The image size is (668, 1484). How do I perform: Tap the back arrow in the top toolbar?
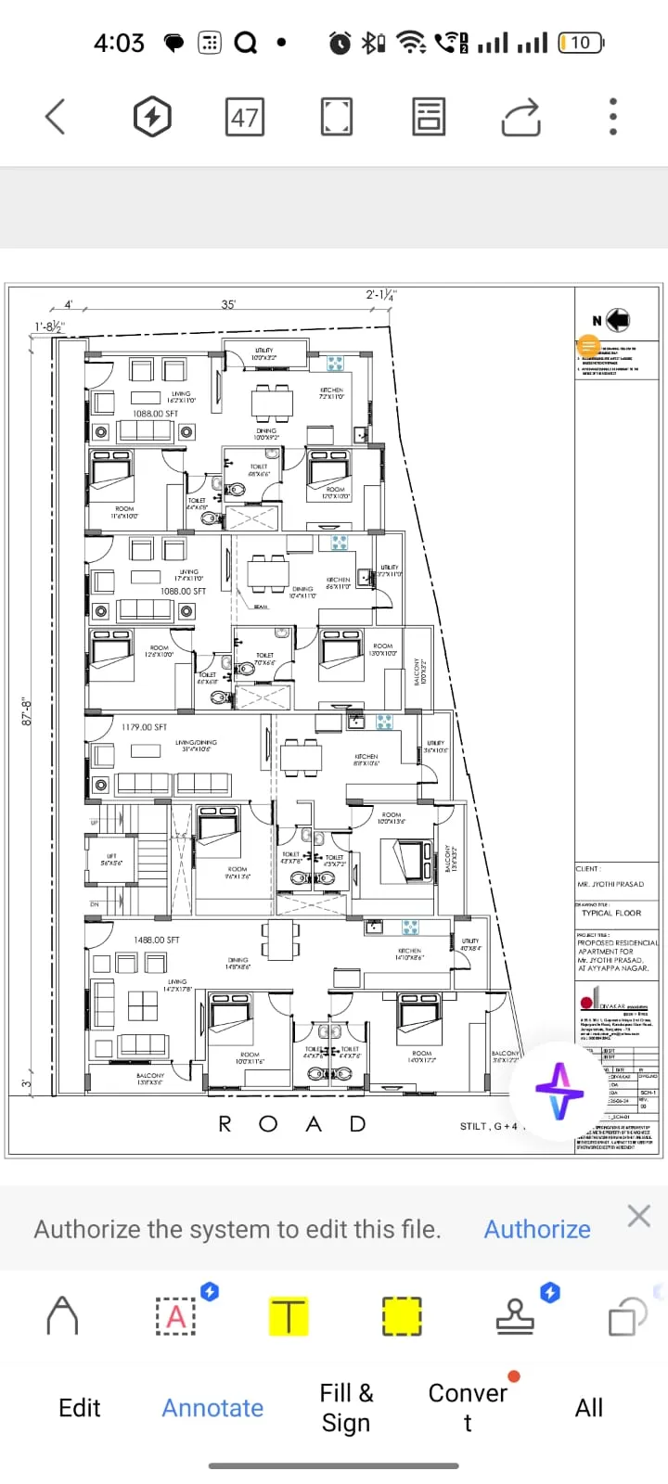pos(56,117)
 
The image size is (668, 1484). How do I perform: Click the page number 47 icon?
pos(245,118)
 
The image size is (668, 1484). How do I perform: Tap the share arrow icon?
pos(520,118)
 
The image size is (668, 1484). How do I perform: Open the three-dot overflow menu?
pos(612,118)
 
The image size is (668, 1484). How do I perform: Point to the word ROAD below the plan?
pos(292,1124)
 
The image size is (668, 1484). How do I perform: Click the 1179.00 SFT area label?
pos(144,727)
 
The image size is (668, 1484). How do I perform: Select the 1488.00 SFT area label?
pos(156,940)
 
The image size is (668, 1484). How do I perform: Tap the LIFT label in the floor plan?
pos(111,860)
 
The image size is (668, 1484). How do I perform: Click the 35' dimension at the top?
pos(228,304)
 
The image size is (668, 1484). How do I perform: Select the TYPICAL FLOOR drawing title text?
pos(611,913)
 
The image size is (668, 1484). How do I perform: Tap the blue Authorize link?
pos(537,1229)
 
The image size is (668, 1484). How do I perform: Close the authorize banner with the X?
pos(638,1216)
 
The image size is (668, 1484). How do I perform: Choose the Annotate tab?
pos(212,1408)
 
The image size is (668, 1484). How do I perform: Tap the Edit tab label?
pos(80,1408)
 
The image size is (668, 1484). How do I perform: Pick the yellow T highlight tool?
pos(289,1316)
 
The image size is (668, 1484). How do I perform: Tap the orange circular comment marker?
pos(588,346)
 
